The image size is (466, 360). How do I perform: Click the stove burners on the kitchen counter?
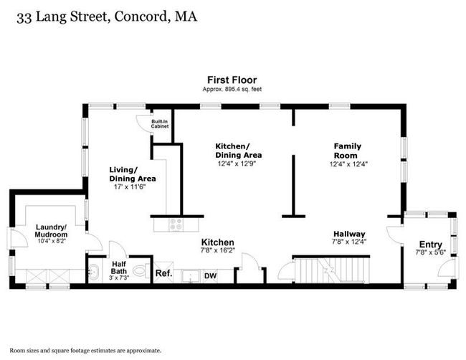176,224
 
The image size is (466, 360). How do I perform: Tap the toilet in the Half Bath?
141,270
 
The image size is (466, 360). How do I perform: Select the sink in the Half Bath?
95,272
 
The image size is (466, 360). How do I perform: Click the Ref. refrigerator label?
163,273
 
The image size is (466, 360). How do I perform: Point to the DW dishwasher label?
210,276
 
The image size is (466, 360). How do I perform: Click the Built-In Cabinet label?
160,124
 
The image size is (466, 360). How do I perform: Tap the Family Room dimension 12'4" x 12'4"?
348,164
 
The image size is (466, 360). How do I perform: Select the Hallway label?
349,234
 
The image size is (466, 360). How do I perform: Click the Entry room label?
431,245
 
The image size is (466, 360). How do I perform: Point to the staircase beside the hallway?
332,270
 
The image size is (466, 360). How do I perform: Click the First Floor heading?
232,80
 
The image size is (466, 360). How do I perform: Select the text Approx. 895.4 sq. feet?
232,89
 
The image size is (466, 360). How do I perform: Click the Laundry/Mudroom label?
51,231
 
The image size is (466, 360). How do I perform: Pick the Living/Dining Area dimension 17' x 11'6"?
130,187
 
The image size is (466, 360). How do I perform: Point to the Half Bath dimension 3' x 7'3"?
119,278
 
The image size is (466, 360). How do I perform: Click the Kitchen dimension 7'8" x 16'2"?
218,250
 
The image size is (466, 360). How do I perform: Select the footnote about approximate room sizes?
85,351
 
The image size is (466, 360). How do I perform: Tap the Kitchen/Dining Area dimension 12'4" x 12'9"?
237,164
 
